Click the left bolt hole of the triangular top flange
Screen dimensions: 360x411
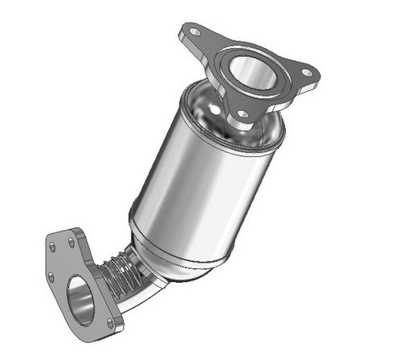[193, 33]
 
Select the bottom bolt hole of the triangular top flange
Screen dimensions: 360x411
[242, 114]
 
